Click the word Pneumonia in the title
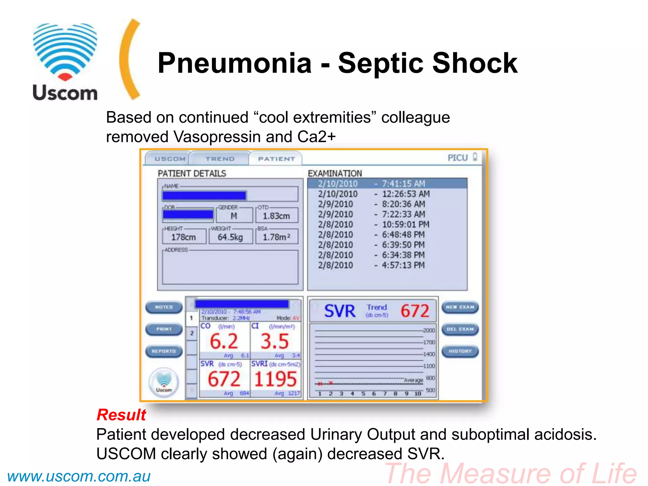(234, 63)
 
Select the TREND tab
(220, 159)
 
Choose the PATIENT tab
(276, 159)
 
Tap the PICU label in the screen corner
(458, 158)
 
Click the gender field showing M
(234, 216)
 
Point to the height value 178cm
(184, 237)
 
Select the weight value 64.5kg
(230, 237)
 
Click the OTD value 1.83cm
(276, 216)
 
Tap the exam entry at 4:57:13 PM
(372, 265)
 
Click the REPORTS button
(164, 351)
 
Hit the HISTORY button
(460, 351)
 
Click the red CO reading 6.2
(224, 341)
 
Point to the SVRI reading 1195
(275, 379)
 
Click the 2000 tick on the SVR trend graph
(429, 330)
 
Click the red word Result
(121, 414)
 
